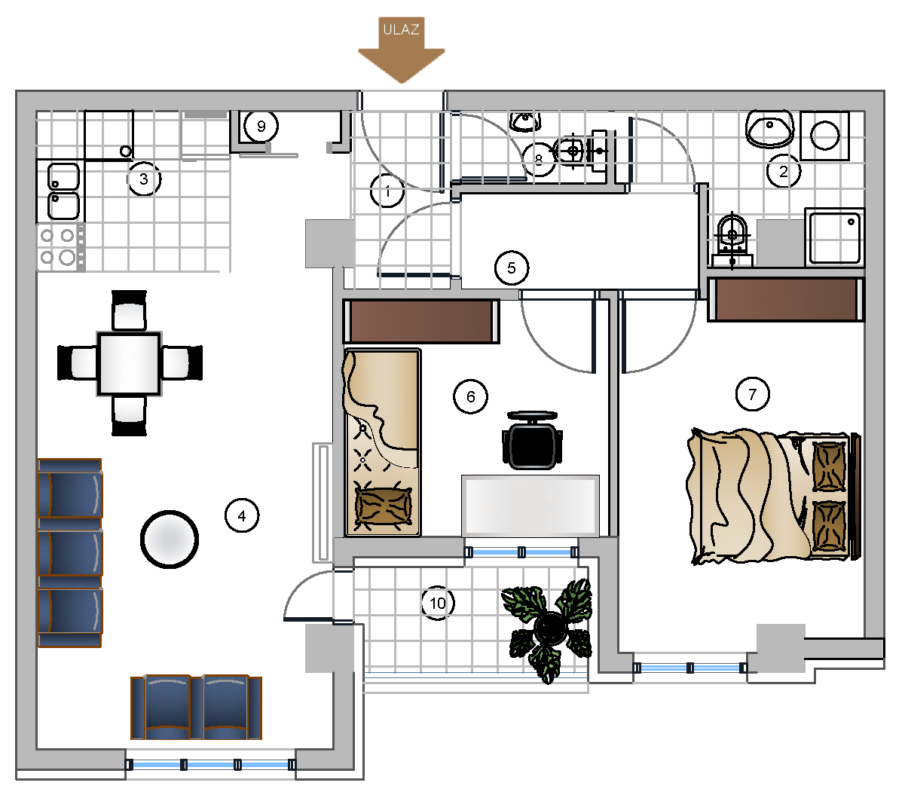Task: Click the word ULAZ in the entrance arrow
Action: (401, 29)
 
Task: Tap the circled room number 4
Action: (242, 516)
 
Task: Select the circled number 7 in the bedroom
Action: (753, 394)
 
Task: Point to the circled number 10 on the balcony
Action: (438, 603)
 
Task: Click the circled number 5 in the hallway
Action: (512, 268)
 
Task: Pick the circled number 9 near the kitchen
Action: (261, 127)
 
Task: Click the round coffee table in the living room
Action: (170, 539)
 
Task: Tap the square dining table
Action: (129, 364)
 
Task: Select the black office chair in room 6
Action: (533, 440)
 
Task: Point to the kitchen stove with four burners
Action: (60, 247)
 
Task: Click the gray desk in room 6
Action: (530, 506)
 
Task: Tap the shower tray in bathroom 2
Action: (835, 237)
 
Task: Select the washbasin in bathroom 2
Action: (769, 129)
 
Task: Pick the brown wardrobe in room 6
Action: (420, 321)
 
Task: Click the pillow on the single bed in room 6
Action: (383, 505)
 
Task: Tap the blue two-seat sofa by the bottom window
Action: (196, 707)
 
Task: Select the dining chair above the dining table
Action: (129, 310)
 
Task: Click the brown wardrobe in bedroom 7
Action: (786, 299)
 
